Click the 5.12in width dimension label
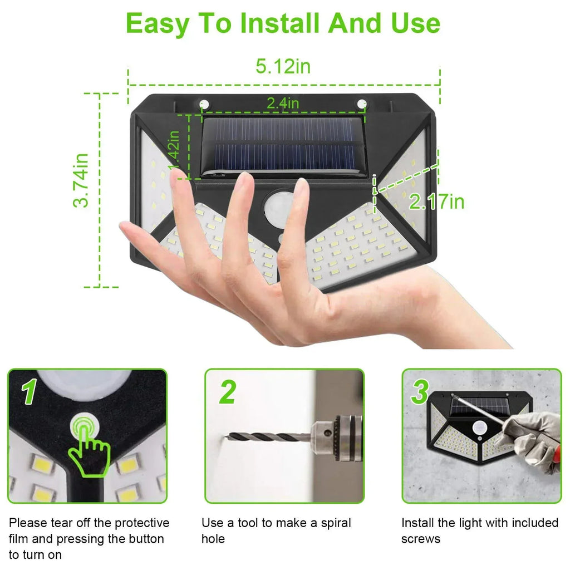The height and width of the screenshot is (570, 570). (x=283, y=67)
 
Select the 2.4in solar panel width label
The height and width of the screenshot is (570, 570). (x=282, y=103)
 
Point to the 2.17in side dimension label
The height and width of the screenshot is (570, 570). (x=436, y=202)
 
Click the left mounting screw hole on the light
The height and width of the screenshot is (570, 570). (x=204, y=104)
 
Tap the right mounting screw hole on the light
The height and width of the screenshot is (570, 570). (x=362, y=104)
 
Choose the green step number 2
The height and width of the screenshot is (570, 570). (x=227, y=393)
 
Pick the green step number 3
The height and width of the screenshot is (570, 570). (x=420, y=393)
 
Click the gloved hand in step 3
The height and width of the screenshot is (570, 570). (x=532, y=440)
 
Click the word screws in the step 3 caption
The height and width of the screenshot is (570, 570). (x=420, y=539)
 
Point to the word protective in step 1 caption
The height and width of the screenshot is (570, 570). (x=142, y=523)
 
